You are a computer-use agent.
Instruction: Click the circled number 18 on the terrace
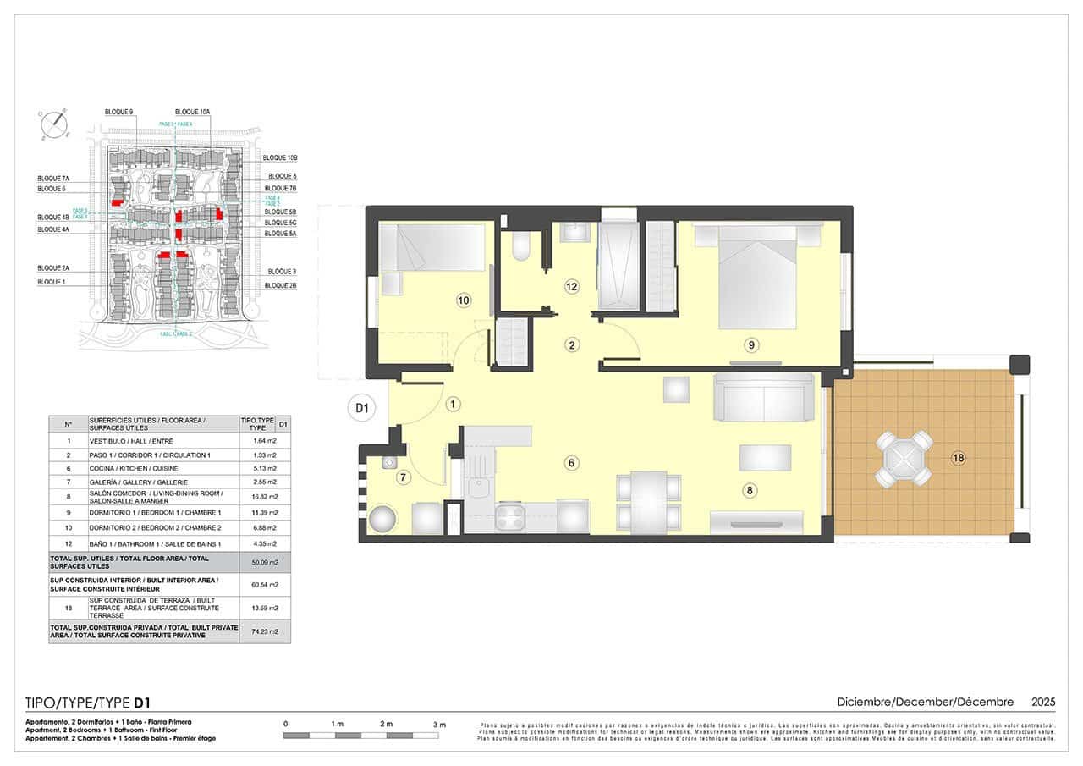tap(958, 458)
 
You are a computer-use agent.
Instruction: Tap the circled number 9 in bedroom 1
tap(750, 344)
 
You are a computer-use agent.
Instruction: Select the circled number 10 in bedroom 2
tap(463, 300)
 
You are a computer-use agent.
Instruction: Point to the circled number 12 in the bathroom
tap(572, 287)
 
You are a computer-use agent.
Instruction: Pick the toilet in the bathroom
tap(521, 246)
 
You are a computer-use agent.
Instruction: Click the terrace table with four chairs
tap(904, 459)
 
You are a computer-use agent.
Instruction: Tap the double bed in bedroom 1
tap(757, 279)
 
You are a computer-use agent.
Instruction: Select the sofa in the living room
tap(764, 398)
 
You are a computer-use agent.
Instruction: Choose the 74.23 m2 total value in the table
tap(265, 631)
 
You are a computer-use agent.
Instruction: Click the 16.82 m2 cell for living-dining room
tap(265, 496)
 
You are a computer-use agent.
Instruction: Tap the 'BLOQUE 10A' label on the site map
tap(193, 112)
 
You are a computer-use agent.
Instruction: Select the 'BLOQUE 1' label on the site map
tap(52, 281)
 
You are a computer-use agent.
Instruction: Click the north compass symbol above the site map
tap(55, 124)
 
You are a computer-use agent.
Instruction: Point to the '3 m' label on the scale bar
tap(439, 725)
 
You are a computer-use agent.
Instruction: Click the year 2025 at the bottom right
tap(1043, 702)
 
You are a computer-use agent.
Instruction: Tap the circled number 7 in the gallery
tap(404, 477)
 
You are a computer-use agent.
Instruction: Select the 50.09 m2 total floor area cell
tap(265, 562)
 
